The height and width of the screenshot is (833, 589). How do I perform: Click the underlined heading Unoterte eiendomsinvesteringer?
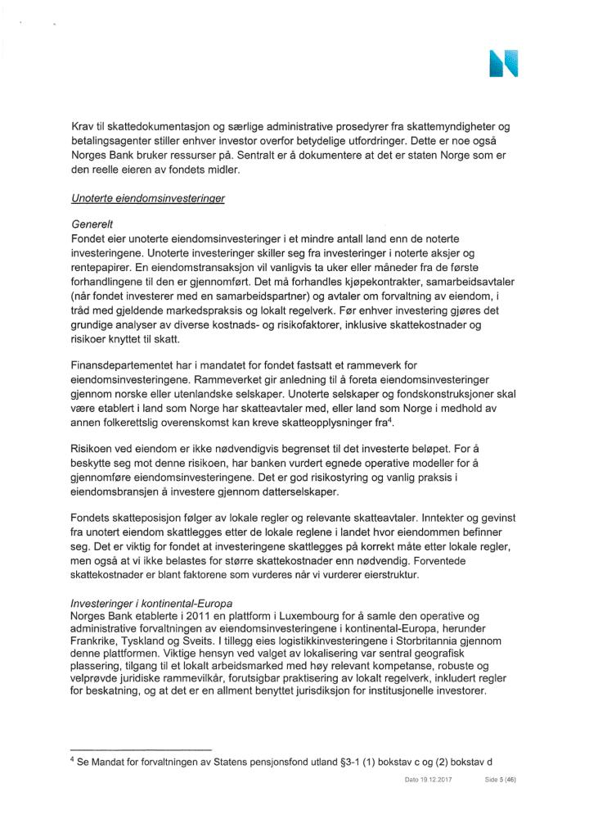click(x=149, y=198)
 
